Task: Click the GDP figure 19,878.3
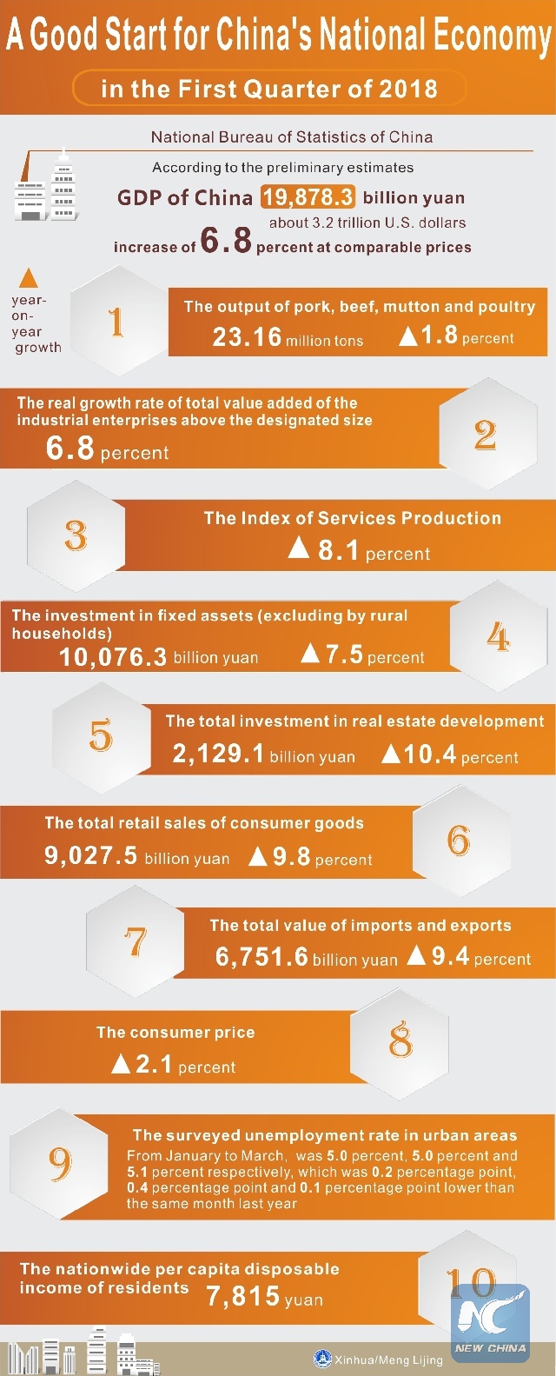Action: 308,197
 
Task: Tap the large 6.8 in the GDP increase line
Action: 226,240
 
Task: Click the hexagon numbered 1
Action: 116,322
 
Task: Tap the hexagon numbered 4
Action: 498,637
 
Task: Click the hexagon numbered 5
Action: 101,735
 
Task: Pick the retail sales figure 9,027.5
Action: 91,856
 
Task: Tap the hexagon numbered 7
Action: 136,941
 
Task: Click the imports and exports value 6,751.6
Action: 261,957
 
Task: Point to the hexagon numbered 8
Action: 400,1040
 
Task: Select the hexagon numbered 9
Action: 60,1163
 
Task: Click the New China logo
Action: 491,1321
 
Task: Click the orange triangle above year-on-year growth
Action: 29,278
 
